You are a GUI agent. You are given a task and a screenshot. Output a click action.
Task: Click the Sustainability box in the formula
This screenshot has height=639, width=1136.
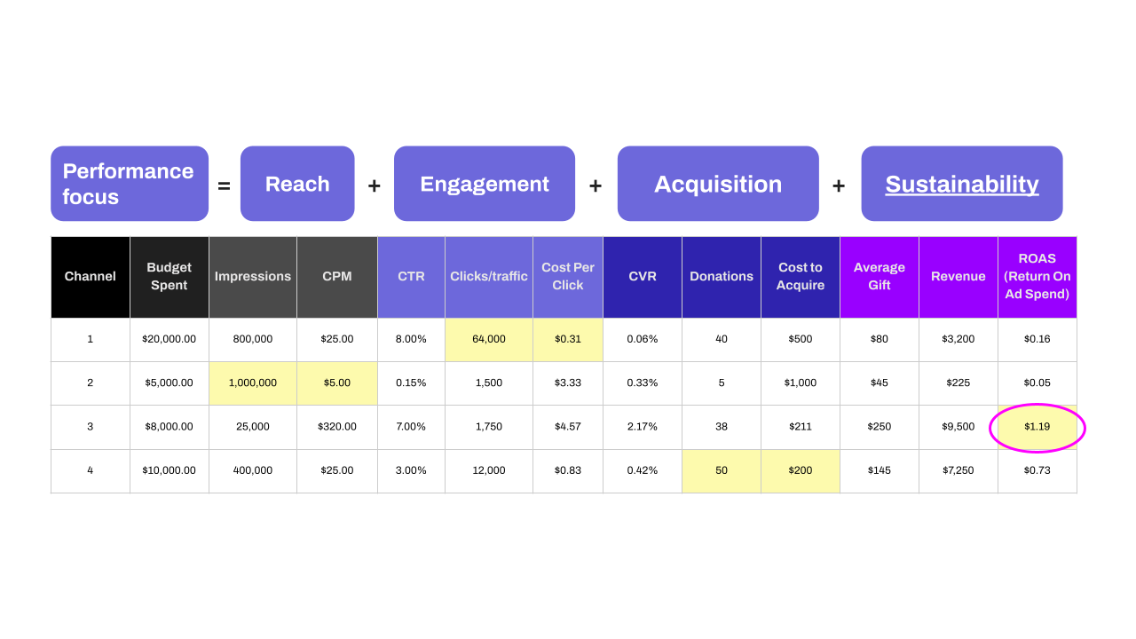click(x=961, y=184)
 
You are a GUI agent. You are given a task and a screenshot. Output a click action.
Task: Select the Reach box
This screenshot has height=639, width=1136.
click(x=297, y=184)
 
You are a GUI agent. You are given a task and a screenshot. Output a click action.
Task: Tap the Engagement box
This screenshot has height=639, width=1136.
click(x=485, y=184)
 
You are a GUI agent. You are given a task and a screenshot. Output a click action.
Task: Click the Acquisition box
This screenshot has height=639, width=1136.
click(x=718, y=184)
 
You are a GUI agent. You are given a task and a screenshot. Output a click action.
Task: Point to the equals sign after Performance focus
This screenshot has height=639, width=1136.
click(x=224, y=186)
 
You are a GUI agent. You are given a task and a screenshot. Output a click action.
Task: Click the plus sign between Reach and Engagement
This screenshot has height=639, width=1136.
click(x=375, y=186)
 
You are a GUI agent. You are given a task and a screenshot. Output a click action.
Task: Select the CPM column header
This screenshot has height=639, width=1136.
click(x=336, y=277)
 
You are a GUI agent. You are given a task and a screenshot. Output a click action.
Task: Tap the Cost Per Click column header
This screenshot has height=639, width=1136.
click(x=567, y=277)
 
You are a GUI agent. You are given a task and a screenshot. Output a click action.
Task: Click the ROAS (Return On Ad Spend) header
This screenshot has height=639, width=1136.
click(x=1037, y=277)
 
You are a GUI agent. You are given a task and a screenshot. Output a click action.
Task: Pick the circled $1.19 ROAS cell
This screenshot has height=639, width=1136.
click(x=1037, y=427)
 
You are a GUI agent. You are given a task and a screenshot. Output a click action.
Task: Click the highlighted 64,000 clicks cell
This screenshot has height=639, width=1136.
click(x=489, y=339)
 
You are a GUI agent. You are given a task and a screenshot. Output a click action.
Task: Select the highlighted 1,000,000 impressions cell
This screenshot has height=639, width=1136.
click(x=253, y=383)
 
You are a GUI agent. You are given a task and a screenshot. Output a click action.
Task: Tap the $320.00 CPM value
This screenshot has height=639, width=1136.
click(x=336, y=427)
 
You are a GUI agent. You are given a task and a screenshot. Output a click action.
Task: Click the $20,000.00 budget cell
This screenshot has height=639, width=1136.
click(x=169, y=339)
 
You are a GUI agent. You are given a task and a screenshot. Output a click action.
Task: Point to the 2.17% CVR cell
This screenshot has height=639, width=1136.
click(x=642, y=427)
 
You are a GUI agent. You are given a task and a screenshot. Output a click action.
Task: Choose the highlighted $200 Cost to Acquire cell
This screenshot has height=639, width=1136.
click(x=801, y=470)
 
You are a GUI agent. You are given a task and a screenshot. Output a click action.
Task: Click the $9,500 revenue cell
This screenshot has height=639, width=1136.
click(x=958, y=427)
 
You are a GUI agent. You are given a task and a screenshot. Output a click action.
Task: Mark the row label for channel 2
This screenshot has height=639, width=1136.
click(x=91, y=383)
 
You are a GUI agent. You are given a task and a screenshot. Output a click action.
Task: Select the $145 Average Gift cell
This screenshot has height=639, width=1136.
click(x=880, y=470)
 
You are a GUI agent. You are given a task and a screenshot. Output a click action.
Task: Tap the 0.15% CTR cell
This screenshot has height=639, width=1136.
click(x=411, y=383)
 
